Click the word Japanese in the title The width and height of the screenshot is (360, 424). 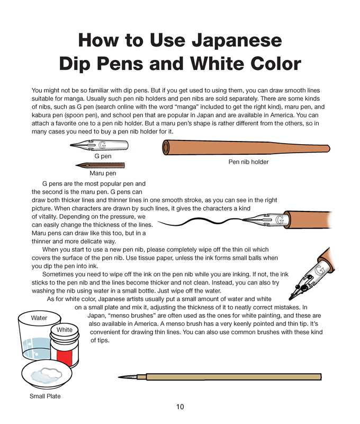[x=237, y=41]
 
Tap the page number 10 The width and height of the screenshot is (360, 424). [x=180, y=407]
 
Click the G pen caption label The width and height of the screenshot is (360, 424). [x=103, y=156]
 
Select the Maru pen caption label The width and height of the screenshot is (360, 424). [x=103, y=173]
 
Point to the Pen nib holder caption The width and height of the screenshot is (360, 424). [x=248, y=162]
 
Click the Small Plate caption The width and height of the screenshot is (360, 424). [x=45, y=396]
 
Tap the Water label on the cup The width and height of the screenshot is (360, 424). [x=39, y=317]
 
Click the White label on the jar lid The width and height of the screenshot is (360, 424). [x=65, y=330]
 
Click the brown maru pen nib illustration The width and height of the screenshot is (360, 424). [x=100, y=165]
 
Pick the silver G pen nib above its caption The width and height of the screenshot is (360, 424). [x=100, y=145]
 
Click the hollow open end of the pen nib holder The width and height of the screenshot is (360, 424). [x=166, y=147]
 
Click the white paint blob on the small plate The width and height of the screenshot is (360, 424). [x=47, y=375]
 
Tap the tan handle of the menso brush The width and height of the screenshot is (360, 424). [x=233, y=377]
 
